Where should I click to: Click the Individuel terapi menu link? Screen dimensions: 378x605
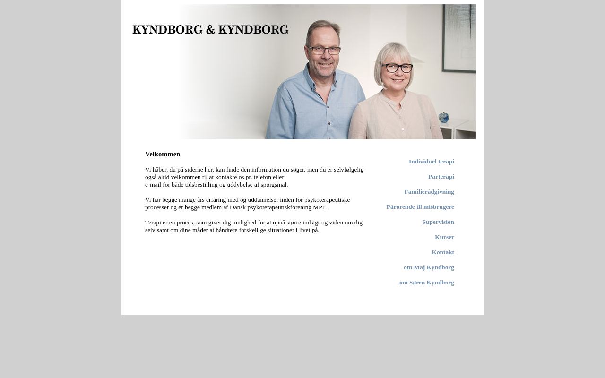pos(431,162)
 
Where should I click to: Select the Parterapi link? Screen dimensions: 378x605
pos(441,177)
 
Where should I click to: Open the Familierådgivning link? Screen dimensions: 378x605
pos(429,192)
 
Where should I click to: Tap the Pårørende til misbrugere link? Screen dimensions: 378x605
pos(420,207)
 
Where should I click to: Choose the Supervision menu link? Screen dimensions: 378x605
pos(438,222)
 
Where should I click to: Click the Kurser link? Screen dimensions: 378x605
pos(444,237)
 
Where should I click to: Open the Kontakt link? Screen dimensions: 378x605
pos(443,252)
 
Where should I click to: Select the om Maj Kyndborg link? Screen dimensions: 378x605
pos(429,267)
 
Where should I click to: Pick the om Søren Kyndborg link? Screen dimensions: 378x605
pos(427,283)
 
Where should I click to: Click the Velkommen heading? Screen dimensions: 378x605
pos(163,155)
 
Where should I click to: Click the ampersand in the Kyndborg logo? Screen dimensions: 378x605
pos(210,30)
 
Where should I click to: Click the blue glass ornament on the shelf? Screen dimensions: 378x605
pos(443,117)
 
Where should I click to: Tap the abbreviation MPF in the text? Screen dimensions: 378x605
pos(320,207)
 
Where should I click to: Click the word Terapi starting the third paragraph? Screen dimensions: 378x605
pos(153,223)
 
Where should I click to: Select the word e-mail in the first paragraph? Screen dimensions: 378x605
pos(153,185)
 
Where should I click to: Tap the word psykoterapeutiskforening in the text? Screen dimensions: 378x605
pos(279,207)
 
